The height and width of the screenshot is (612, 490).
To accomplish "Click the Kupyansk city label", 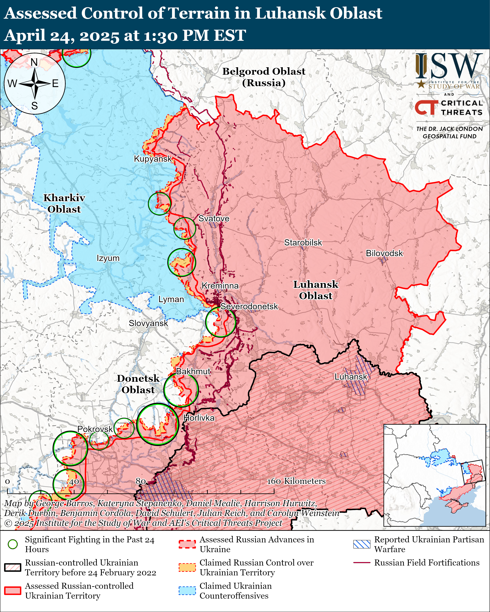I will point(153,159).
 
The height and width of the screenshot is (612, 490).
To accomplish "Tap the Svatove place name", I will point(214,219).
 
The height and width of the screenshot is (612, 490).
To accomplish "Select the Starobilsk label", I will point(303,243).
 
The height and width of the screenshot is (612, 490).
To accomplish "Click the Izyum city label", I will point(108,258).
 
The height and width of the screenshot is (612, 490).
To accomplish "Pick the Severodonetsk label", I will point(249,307).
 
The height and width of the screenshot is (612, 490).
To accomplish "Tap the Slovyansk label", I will point(148,323).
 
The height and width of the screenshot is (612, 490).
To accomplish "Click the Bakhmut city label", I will point(193,371).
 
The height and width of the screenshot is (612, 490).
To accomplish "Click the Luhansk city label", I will point(351,377).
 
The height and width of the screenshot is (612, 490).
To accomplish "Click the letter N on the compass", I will point(34,62).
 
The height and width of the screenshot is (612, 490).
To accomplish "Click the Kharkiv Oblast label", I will point(64,203).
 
